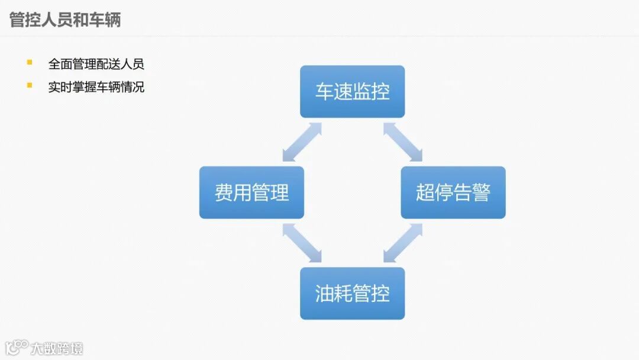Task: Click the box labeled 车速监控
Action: pos(352,92)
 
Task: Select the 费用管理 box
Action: pos(251,192)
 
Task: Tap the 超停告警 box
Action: pos(453,192)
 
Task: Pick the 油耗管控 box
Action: pos(352,294)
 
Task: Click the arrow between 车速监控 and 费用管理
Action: pos(302,142)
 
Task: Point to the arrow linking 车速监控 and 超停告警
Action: pos(403,142)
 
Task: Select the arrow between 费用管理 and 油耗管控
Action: pos(302,243)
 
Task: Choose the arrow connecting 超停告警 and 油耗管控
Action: pos(403,243)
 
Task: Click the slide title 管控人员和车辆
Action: pos(65,20)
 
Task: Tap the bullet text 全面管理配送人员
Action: pos(96,64)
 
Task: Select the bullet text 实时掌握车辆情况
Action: pos(96,87)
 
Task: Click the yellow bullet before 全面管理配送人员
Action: pos(30,62)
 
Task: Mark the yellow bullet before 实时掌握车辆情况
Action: pos(30,85)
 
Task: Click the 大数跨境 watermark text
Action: pos(57,348)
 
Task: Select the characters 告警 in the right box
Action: pos(472,192)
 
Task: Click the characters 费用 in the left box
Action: pos(233,192)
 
